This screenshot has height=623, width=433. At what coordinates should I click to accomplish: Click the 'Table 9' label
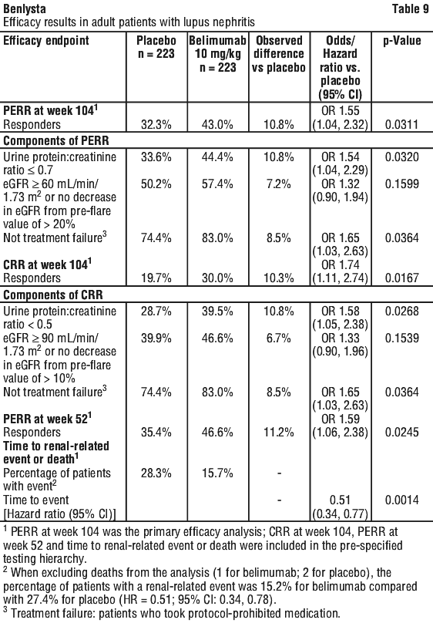[x=411, y=8]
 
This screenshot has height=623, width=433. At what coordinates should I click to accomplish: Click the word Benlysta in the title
[x=24, y=8]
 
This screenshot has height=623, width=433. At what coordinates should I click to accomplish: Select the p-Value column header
[x=402, y=41]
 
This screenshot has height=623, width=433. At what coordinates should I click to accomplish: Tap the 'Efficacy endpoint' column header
[x=46, y=41]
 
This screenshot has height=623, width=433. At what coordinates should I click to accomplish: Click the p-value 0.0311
[x=402, y=124]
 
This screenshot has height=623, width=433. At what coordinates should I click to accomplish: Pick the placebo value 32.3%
[x=156, y=124]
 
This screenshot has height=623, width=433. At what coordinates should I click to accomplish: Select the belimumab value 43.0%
[x=217, y=124]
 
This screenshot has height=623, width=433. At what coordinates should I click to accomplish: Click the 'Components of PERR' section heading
[x=56, y=140]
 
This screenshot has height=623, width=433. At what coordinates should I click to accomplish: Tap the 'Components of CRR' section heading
[x=53, y=295]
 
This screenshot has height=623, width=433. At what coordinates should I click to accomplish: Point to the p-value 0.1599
[x=402, y=184]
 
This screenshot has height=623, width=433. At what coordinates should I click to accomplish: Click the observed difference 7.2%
[x=279, y=184]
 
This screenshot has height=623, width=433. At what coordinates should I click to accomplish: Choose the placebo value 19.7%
[x=156, y=278]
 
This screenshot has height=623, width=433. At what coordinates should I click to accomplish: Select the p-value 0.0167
[x=402, y=278]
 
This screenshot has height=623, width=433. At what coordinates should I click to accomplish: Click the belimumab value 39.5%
[x=217, y=311]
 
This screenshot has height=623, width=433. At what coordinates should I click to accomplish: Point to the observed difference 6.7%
[x=279, y=338]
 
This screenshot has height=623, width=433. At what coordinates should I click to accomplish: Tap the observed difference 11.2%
[x=279, y=433]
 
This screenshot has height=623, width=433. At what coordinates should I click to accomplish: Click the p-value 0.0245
[x=402, y=433]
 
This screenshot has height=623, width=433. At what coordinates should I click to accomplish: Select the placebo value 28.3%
[x=156, y=473]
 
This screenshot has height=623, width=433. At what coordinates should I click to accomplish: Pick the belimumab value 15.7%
[x=217, y=473]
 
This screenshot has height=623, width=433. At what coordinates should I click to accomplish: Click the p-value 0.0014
[x=402, y=500]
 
